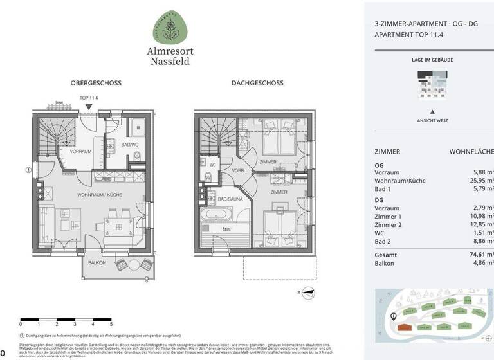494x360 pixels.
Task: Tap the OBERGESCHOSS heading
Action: (96, 83)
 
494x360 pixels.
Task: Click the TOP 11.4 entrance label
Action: (90, 98)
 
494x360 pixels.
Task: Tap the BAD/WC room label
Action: (130, 145)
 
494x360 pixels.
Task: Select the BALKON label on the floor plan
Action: (97, 263)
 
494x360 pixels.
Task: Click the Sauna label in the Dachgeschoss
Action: (227, 228)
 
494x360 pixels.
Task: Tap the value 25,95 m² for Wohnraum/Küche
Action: (479, 181)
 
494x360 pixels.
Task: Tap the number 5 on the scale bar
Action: (111, 324)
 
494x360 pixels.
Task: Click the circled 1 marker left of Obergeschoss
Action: (28, 170)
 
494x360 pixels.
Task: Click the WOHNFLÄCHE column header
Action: (471, 152)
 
